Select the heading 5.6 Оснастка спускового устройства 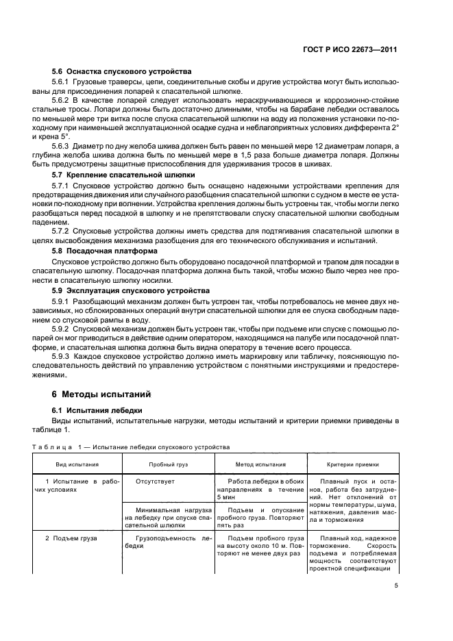(x=121, y=71)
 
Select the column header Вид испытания (x=77, y=464)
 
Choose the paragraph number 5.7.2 (x=64, y=232)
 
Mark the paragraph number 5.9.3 (x=64, y=357)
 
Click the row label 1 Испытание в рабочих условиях (x=77, y=486)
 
